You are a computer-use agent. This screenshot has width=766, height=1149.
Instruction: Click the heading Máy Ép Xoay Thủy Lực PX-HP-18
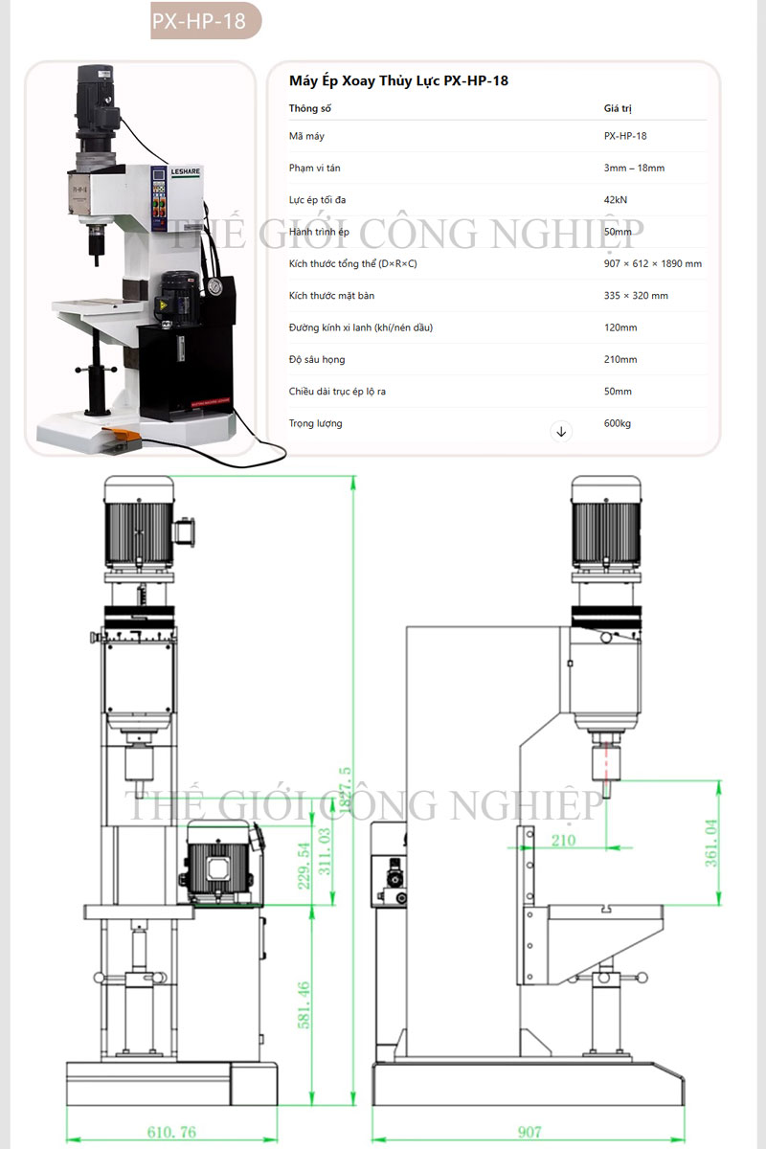398,81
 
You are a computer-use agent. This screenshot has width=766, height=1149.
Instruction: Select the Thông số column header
309,108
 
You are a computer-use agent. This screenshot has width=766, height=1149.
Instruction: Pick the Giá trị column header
618,108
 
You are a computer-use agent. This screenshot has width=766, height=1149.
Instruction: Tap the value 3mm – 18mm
634,168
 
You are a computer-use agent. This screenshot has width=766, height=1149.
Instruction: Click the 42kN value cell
616,200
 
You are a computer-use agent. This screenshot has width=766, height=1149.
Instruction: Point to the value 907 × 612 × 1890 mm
652,263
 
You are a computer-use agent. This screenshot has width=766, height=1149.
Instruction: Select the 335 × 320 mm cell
636,296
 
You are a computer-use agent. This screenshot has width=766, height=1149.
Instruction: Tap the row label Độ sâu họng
317,359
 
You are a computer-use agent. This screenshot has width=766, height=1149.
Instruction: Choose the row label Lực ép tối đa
317,200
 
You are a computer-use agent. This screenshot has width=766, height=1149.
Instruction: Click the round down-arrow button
562,432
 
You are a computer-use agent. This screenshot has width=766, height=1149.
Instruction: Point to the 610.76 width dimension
171,1132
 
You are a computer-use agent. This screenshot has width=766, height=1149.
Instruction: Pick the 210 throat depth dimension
564,841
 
